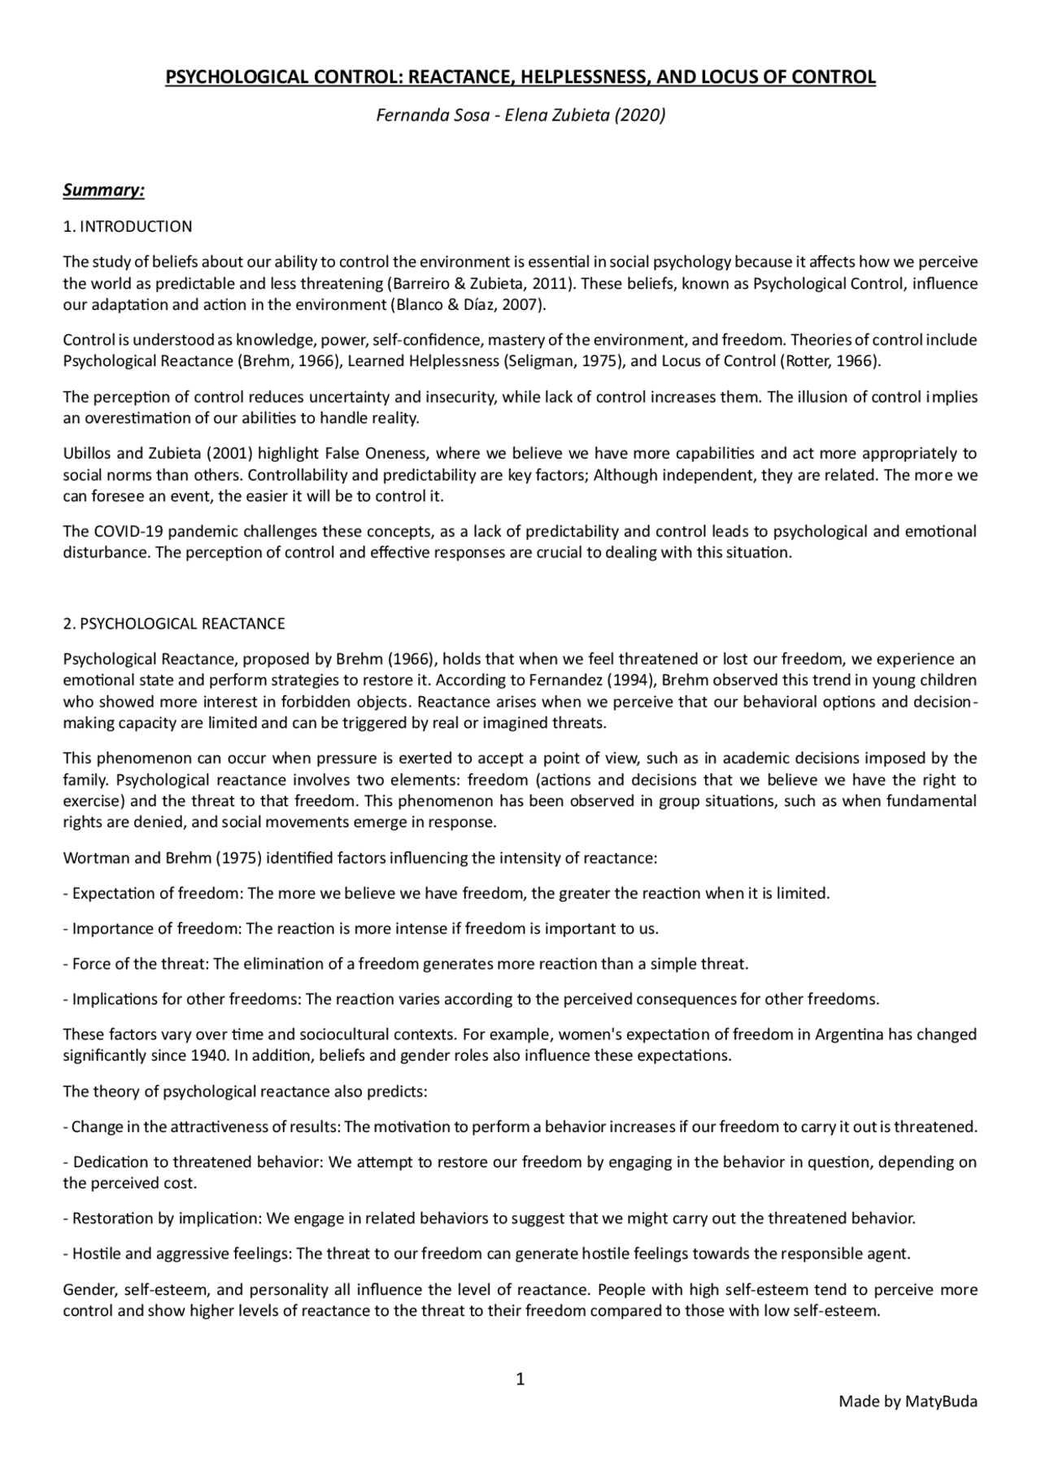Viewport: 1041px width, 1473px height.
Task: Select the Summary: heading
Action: (x=103, y=190)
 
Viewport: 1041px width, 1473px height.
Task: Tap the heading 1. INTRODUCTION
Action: (x=128, y=226)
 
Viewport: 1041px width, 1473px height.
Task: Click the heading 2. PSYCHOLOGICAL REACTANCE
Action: (x=174, y=624)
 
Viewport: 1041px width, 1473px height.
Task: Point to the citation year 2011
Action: (x=547, y=284)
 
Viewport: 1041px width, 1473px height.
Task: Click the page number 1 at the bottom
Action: (x=520, y=1378)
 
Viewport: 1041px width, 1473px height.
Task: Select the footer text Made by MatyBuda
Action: (x=908, y=1401)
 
